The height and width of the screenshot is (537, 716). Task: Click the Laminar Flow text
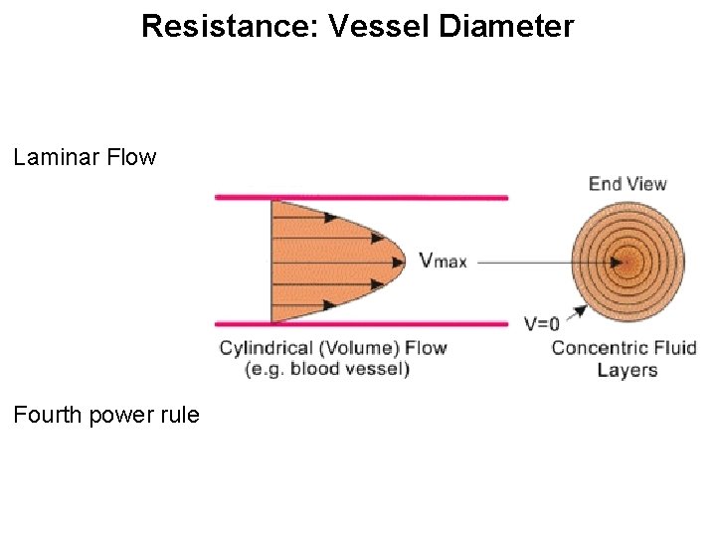[86, 157]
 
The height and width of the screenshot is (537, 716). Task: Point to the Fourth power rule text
[106, 414]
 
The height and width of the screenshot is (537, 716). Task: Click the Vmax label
[443, 262]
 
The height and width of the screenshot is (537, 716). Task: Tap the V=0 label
[542, 322]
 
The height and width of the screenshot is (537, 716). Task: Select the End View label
[627, 183]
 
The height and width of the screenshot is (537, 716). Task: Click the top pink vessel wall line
[361, 198]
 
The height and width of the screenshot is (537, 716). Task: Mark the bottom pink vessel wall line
[361, 324]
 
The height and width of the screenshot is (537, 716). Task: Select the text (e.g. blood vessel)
[328, 369]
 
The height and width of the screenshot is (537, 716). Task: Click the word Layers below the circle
[627, 370]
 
